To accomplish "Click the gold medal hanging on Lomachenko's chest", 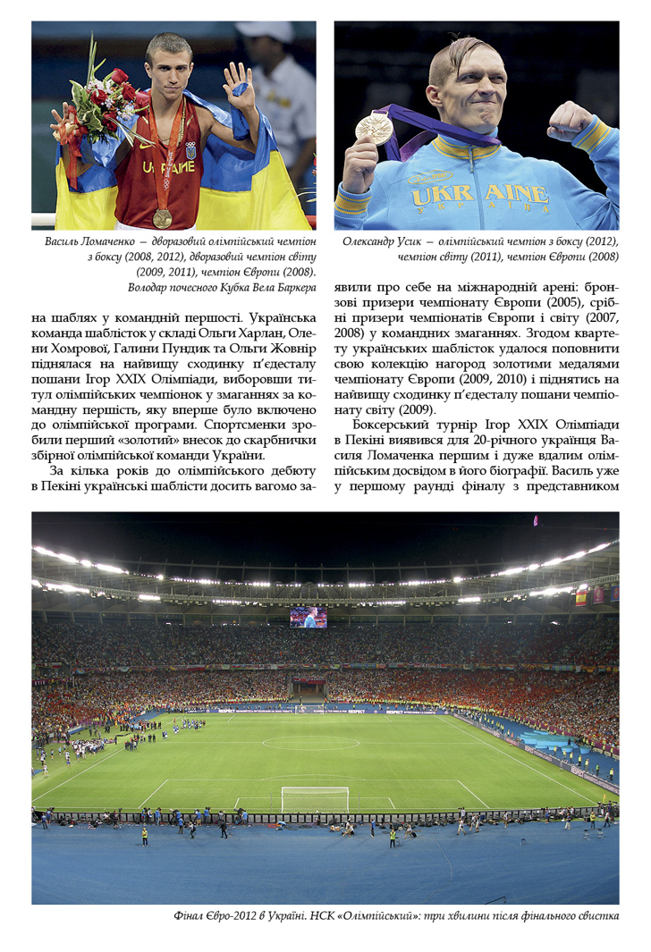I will click(x=162, y=217).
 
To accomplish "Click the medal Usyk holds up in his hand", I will click(x=374, y=128).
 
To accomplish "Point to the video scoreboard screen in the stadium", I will click(x=309, y=617).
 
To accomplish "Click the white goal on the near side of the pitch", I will click(x=315, y=798).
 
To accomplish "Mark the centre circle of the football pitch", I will click(x=310, y=742).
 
